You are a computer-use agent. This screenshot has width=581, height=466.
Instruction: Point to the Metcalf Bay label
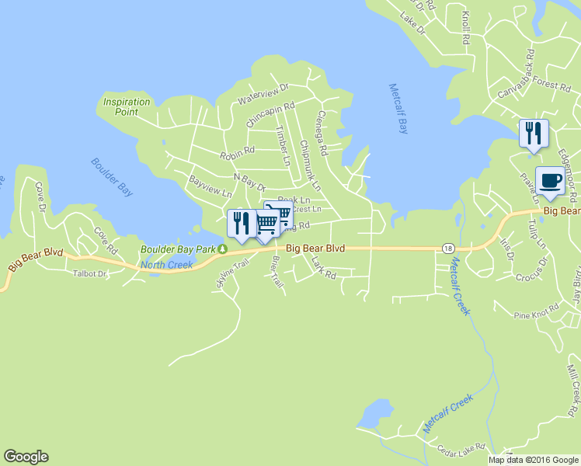click(x=398, y=109)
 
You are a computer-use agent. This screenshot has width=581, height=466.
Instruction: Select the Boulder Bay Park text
click(x=177, y=250)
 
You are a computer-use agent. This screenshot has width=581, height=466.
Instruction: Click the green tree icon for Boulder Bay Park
click(x=222, y=250)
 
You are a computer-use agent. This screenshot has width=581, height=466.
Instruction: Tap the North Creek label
click(x=166, y=265)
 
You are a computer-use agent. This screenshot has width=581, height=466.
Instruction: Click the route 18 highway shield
click(x=448, y=248)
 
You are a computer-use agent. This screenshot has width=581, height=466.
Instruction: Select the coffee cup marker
click(x=550, y=180)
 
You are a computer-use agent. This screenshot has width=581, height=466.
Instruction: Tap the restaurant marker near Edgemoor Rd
click(x=534, y=133)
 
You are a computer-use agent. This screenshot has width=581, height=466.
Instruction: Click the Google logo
click(x=26, y=457)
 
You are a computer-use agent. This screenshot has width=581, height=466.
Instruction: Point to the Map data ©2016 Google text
click(x=534, y=460)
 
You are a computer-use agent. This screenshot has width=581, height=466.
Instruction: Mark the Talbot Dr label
click(x=89, y=273)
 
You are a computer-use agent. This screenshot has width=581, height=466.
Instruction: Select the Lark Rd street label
click(x=323, y=270)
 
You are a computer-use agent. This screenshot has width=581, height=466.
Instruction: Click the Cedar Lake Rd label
click(x=461, y=447)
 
